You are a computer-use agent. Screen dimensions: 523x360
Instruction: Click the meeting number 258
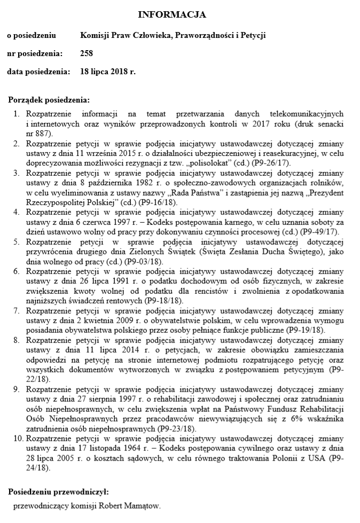[87, 53]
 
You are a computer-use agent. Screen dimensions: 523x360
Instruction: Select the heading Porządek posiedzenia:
[50, 100]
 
